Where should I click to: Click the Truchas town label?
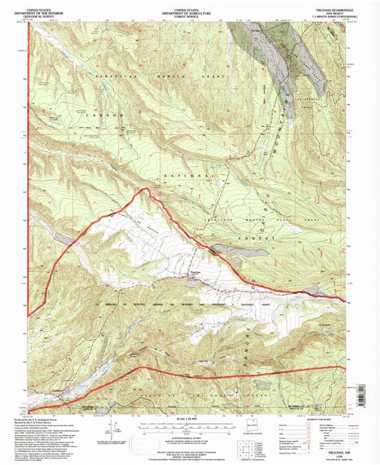[195, 271]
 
